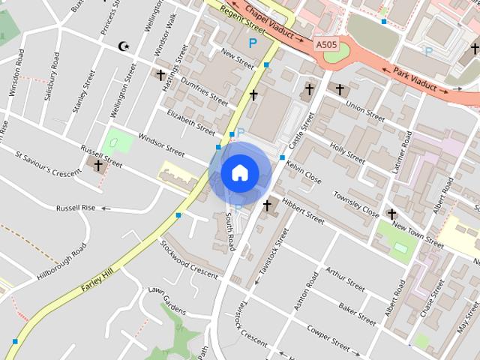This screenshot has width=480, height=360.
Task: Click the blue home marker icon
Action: [240, 173]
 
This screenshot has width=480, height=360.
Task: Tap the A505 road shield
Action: [326, 45]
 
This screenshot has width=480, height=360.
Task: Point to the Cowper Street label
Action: [328, 339]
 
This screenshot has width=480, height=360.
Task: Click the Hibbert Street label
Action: [303, 211]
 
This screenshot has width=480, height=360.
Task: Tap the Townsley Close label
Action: [356, 202]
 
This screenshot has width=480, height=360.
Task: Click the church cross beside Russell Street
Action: [98, 165]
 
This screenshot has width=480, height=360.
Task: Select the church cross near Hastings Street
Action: [160, 75]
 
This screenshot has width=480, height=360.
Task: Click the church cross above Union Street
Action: [339, 90]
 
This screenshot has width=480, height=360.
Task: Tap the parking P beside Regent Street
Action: [253, 43]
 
